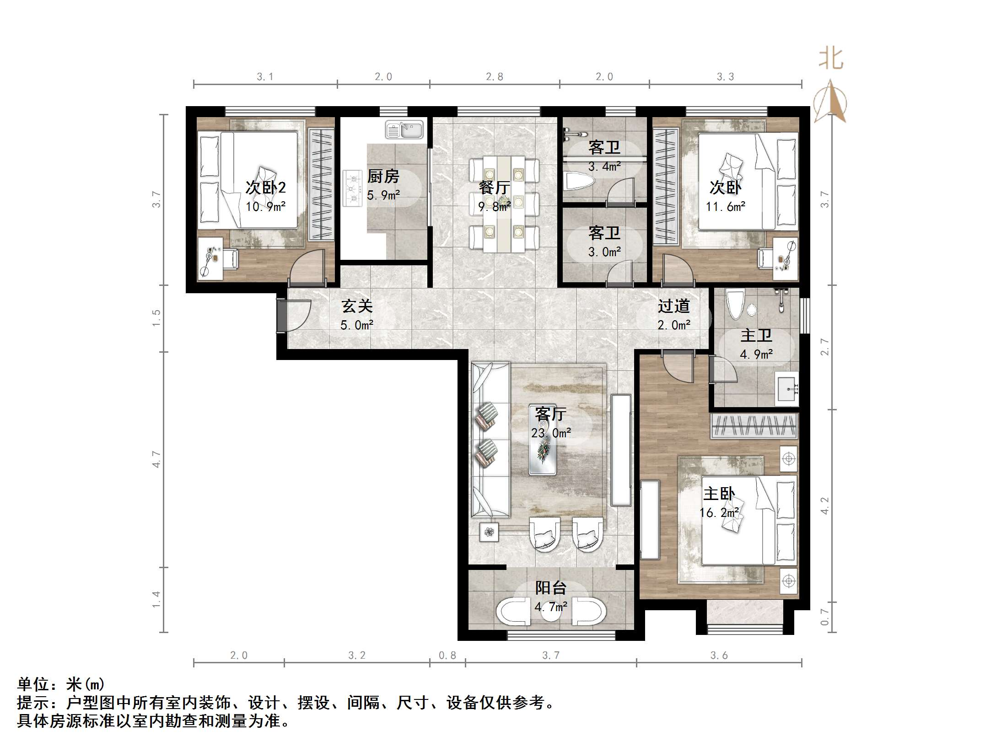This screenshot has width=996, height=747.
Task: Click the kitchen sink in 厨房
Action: [x=404, y=129]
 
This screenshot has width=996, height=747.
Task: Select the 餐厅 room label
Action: [x=494, y=188]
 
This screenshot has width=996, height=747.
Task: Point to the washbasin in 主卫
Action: [x=787, y=389]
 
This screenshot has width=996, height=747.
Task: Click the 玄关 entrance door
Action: [x=293, y=315]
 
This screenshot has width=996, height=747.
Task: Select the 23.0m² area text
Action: [x=551, y=433]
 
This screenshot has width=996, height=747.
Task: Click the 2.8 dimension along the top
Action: [x=495, y=77]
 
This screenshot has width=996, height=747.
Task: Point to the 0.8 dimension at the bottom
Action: [x=447, y=656]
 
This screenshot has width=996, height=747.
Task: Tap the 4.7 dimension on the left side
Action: [x=157, y=459]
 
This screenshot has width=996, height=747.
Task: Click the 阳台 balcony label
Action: [x=551, y=588]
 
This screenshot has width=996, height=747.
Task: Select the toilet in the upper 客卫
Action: [x=579, y=181]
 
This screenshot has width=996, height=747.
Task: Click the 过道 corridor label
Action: [x=673, y=306]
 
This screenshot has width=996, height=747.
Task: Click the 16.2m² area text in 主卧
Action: [x=719, y=513]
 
